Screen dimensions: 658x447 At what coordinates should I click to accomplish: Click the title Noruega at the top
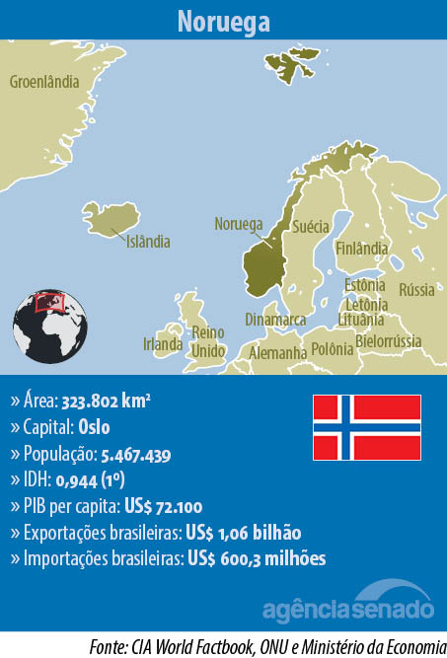click(x=223, y=21)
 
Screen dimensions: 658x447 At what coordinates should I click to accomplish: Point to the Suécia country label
click(x=311, y=226)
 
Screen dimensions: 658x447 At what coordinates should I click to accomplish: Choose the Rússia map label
click(x=415, y=290)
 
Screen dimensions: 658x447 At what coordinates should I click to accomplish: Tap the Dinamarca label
click(x=275, y=320)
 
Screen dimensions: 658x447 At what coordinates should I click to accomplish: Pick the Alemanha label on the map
click(x=277, y=352)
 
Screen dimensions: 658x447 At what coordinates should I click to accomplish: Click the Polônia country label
click(x=332, y=348)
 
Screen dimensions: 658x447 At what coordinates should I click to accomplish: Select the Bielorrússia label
click(x=388, y=341)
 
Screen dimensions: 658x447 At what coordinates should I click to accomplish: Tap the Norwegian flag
click(x=367, y=427)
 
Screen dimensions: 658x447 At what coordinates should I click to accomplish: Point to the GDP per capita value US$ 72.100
click(x=163, y=507)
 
